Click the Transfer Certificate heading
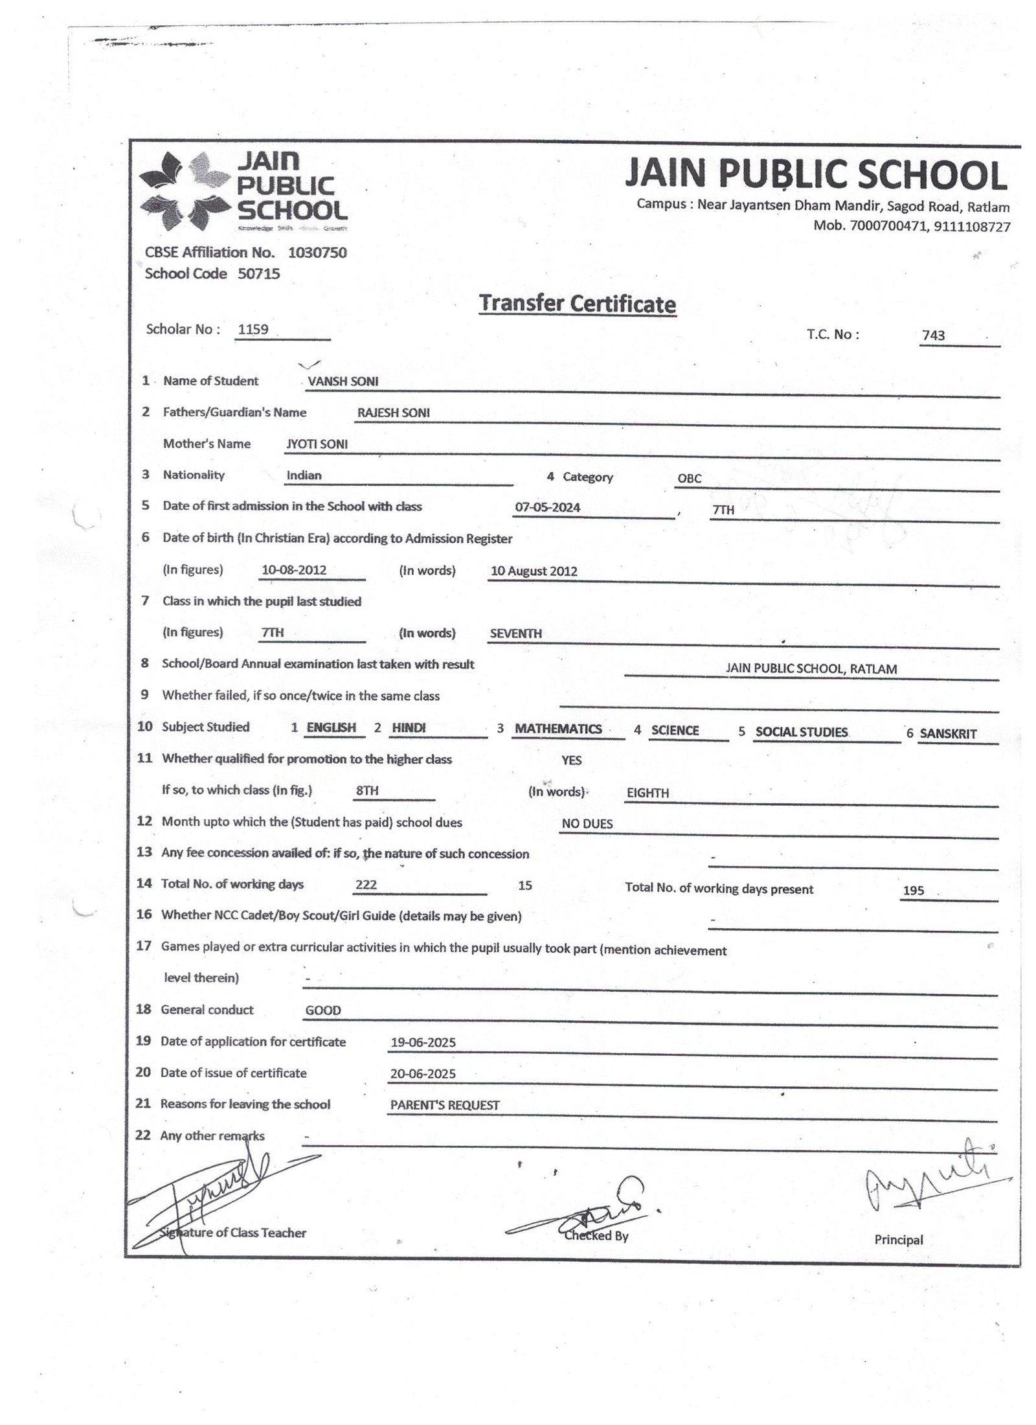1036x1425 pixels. point(577,304)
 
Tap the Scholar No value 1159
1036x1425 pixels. point(253,329)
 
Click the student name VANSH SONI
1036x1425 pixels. point(343,382)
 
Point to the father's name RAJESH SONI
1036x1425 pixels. point(394,413)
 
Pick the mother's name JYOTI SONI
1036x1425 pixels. point(317,444)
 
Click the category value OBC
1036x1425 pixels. point(689,478)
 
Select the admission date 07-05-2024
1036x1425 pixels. point(547,507)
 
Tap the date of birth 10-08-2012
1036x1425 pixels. point(294,570)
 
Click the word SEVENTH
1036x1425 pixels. point(515,633)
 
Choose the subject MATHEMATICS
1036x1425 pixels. point(558,729)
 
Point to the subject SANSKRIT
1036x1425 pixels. point(948,734)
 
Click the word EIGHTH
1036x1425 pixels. point(647,793)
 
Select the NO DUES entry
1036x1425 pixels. point(587,824)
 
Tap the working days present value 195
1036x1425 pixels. point(913,891)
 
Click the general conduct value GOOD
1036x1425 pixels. point(323,1010)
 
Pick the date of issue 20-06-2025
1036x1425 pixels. point(423,1073)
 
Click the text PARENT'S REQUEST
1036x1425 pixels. point(444,1105)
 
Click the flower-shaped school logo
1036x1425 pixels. point(185,192)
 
